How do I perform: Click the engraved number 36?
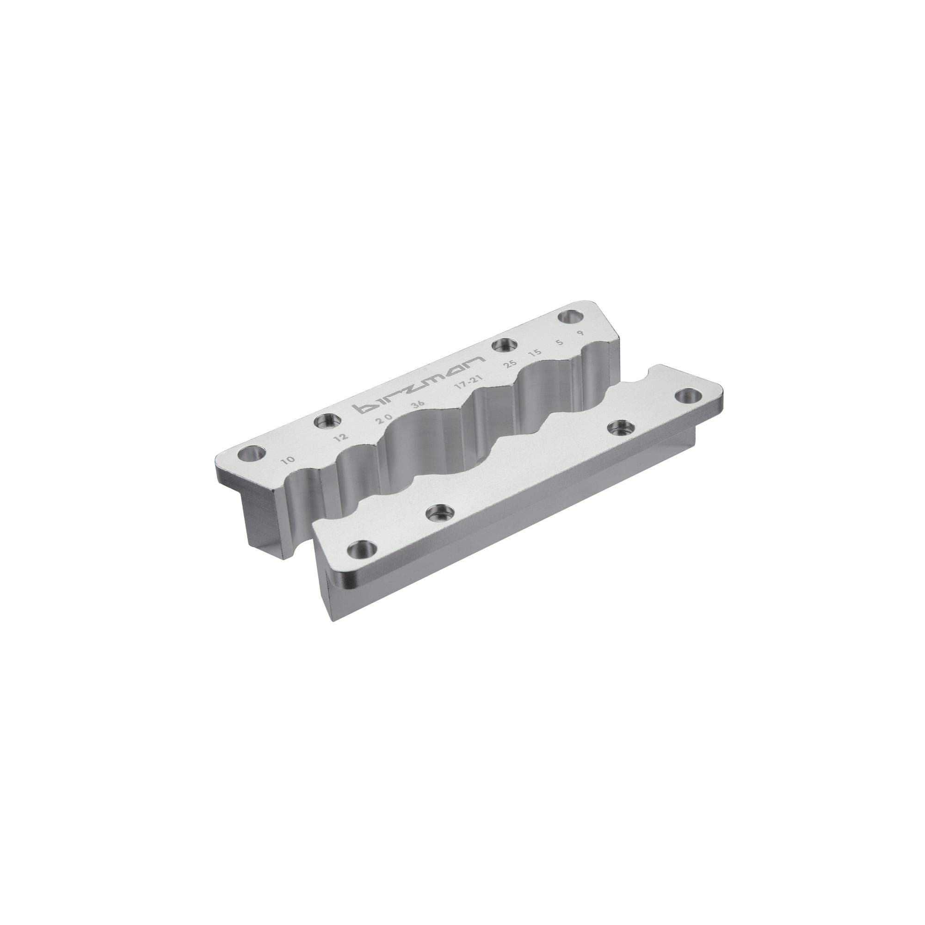click(418, 403)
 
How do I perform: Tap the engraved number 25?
click(512, 364)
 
